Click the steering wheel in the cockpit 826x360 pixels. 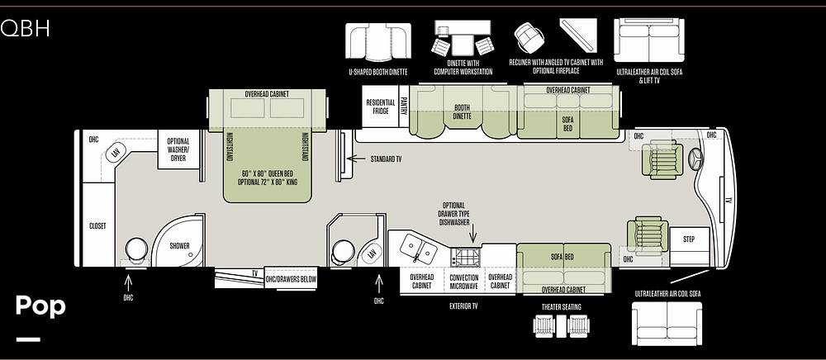click(x=695, y=159)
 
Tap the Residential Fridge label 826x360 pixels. click(x=380, y=107)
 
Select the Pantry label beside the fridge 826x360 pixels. click(x=404, y=107)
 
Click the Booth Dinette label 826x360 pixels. click(x=462, y=111)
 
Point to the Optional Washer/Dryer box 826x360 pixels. click(x=178, y=149)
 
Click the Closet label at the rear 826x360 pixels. click(x=97, y=225)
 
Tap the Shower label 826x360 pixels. click(x=179, y=246)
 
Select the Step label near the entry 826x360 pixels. click(x=689, y=239)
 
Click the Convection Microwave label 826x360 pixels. click(x=463, y=282)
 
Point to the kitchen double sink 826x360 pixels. click(x=418, y=249)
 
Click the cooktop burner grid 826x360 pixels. click(x=468, y=258)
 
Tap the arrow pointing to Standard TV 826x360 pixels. click(x=357, y=159)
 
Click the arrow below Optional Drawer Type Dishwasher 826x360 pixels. click(x=472, y=233)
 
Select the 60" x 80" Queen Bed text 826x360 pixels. click(x=267, y=173)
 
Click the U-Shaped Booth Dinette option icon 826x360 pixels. click(x=377, y=42)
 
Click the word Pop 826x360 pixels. click(x=40, y=306)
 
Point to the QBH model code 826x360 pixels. click(x=25, y=28)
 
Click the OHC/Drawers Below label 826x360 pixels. click(x=291, y=279)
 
